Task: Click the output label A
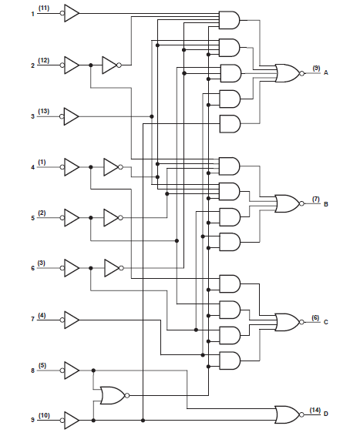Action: pos(326,73)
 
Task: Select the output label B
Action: pos(326,204)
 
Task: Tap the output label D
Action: pos(326,414)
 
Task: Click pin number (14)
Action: pos(315,410)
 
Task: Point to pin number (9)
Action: pos(316,68)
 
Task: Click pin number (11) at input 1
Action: pos(44,8)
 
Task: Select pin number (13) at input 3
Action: pos(44,111)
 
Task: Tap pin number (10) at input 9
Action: pos(44,415)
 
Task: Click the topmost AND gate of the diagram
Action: pos(229,20)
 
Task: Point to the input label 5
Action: pos(33,218)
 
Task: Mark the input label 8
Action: pos(33,371)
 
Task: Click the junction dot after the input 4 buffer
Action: pos(91,167)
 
